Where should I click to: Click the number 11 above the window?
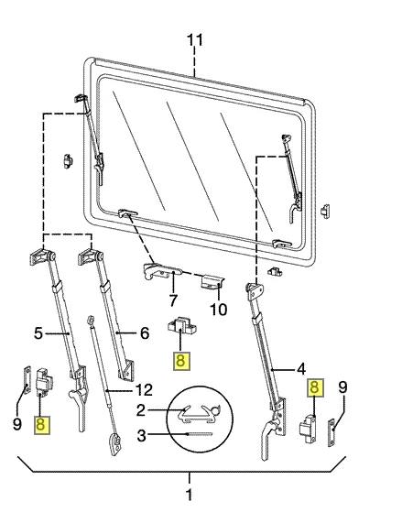tap(195, 40)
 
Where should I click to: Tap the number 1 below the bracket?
tap(190, 495)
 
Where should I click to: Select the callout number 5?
tap(38, 333)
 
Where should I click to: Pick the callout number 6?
tap(145, 333)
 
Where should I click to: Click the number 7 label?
tap(173, 300)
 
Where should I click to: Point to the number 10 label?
tap(218, 310)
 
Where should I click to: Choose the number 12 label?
tap(144, 389)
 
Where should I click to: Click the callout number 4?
tap(301, 369)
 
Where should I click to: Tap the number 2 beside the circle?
tap(140, 410)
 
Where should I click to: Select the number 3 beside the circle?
tap(141, 435)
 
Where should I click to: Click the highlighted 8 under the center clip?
tap(181, 361)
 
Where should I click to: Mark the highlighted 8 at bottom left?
tap(42, 425)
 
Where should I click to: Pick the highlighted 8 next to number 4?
tap(315, 387)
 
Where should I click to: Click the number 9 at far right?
tap(342, 387)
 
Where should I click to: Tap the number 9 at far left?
tap(17, 424)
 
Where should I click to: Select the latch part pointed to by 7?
tap(162, 271)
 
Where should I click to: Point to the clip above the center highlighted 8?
tap(181, 327)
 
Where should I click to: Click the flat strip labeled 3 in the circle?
tap(200, 434)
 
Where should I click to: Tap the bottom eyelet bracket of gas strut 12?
tap(115, 444)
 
